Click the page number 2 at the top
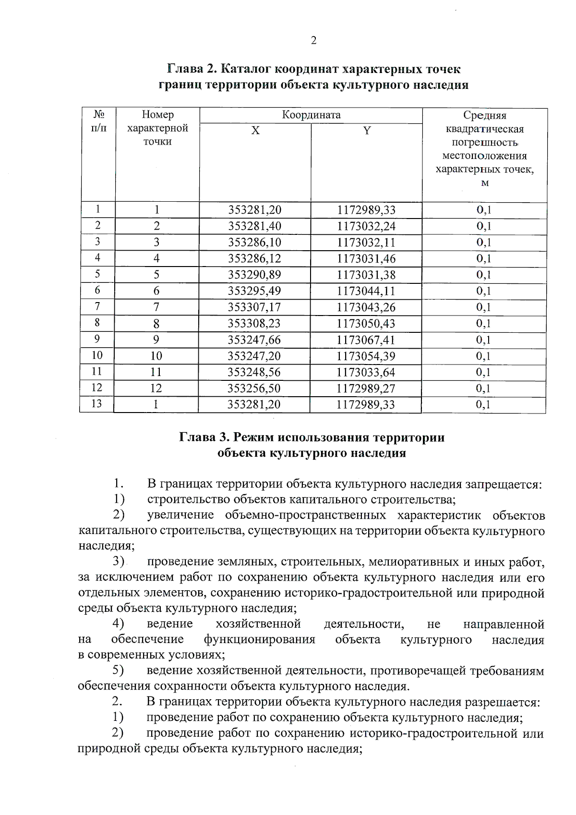click(x=313, y=40)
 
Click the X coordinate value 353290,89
click(x=254, y=275)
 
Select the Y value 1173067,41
click(x=366, y=340)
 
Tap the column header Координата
click(x=311, y=115)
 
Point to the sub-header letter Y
click(x=367, y=131)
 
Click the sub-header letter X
click(x=255, y=131)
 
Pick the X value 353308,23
click(x=254, y=324)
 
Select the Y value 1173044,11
click(x=366, y=291)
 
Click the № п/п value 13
click(x=96, y=403)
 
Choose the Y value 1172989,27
click(x=366, y=389)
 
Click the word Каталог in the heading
click(x=246, y=69)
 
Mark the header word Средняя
click(x=484, y=115)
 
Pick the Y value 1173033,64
click(x=366, y=372)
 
